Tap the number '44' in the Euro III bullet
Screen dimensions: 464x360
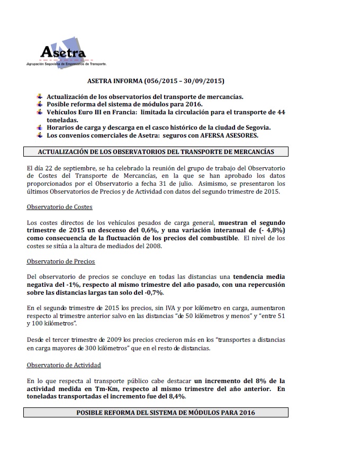281,112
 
